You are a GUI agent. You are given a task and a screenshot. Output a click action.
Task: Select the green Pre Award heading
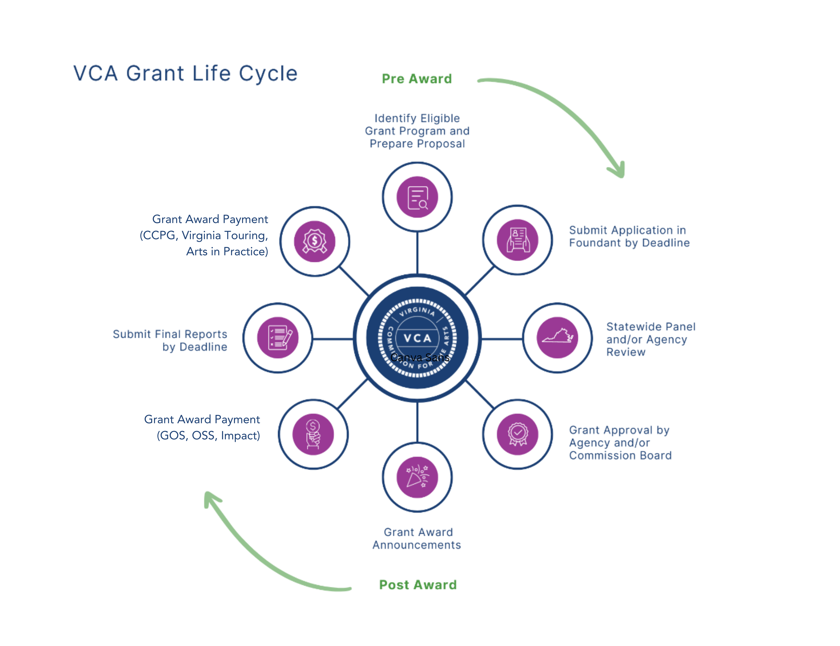point(416,79)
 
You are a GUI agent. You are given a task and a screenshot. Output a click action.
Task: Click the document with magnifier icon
point(417,197)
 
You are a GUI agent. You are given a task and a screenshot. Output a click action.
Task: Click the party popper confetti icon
point(417,477)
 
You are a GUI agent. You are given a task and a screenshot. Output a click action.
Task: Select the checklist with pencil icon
point(278,337)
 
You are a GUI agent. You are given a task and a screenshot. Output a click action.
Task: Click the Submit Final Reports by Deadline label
point(170,340)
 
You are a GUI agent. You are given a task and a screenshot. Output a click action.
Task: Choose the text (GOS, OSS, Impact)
point(208,436)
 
